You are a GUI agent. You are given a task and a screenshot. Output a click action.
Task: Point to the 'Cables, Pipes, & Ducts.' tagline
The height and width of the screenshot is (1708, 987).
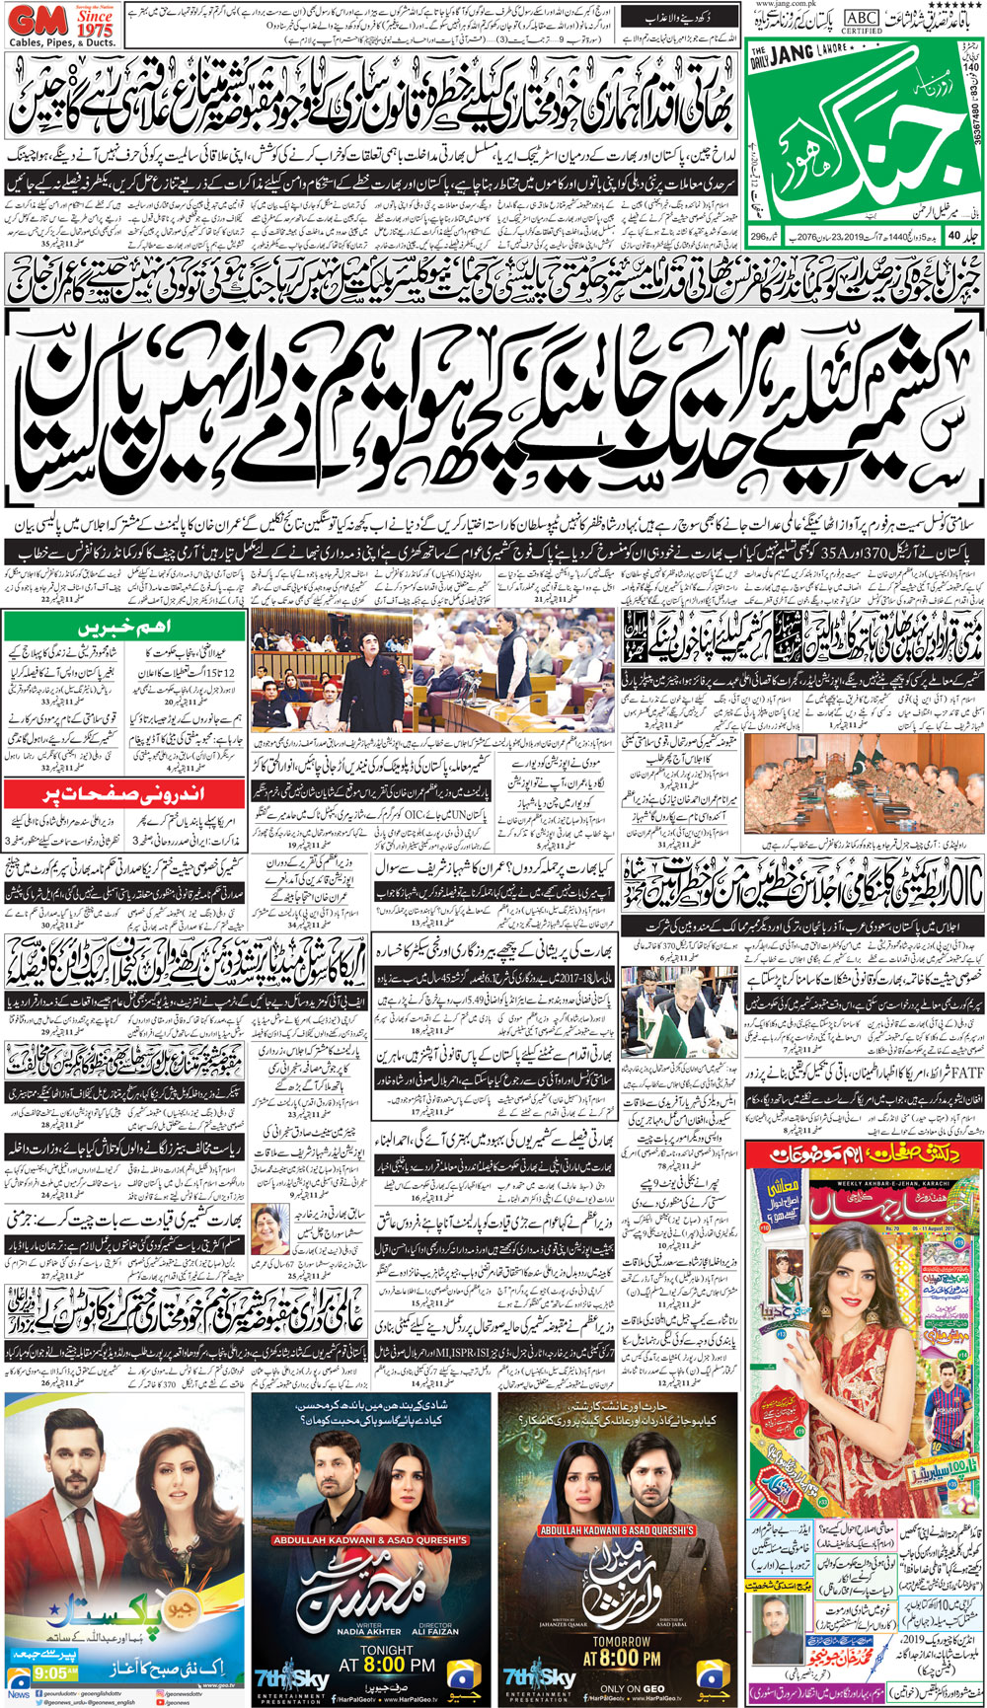pyautogui.click(x=61, y=44)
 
